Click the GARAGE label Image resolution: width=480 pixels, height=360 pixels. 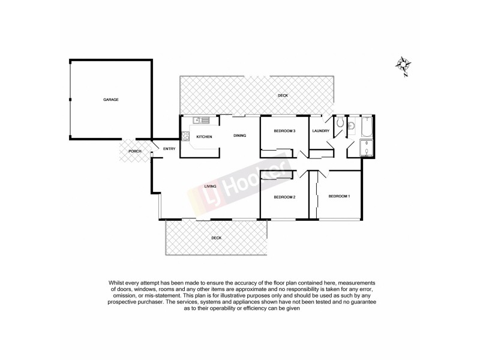point(110,99)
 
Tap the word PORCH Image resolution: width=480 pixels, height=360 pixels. point(135,151)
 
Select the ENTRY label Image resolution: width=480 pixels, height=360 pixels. point(169,149)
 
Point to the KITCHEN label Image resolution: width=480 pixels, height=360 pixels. point(204,137)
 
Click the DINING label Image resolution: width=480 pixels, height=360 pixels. point(240,136)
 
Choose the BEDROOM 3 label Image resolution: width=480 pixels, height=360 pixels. point(285,131)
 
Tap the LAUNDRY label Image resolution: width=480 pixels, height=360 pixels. point(321,131)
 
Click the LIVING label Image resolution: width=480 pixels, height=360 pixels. point(210,186)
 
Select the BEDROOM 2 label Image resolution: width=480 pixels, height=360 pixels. point(285,197)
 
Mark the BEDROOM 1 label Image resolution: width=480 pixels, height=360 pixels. point(339,197)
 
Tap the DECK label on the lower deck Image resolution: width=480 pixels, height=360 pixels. point(216,238)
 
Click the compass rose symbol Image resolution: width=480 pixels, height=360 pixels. point(404,65)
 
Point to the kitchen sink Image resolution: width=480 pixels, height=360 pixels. point(200,119)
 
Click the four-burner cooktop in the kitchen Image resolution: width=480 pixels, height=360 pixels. point(186,136)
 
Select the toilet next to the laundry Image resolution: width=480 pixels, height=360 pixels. point(339,123)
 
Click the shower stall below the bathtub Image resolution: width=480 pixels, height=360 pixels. point(365,148)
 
